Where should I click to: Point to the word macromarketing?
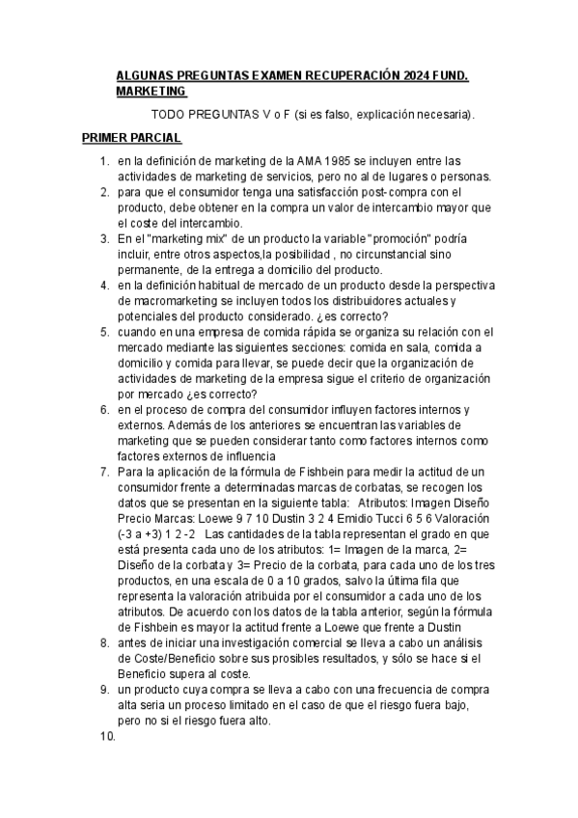pyautogui.click(x=175, y=302)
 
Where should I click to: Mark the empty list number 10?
pyautogui.click(x=107, y=737)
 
